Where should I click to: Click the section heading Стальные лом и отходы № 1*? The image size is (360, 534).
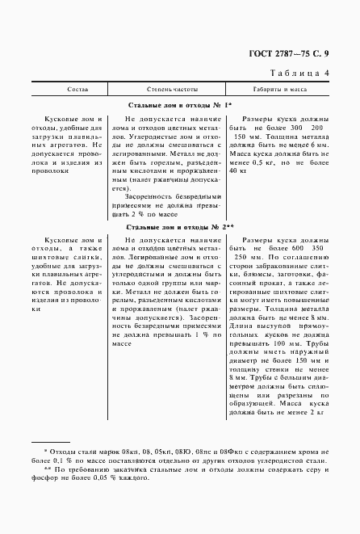[x=180, y=106]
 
